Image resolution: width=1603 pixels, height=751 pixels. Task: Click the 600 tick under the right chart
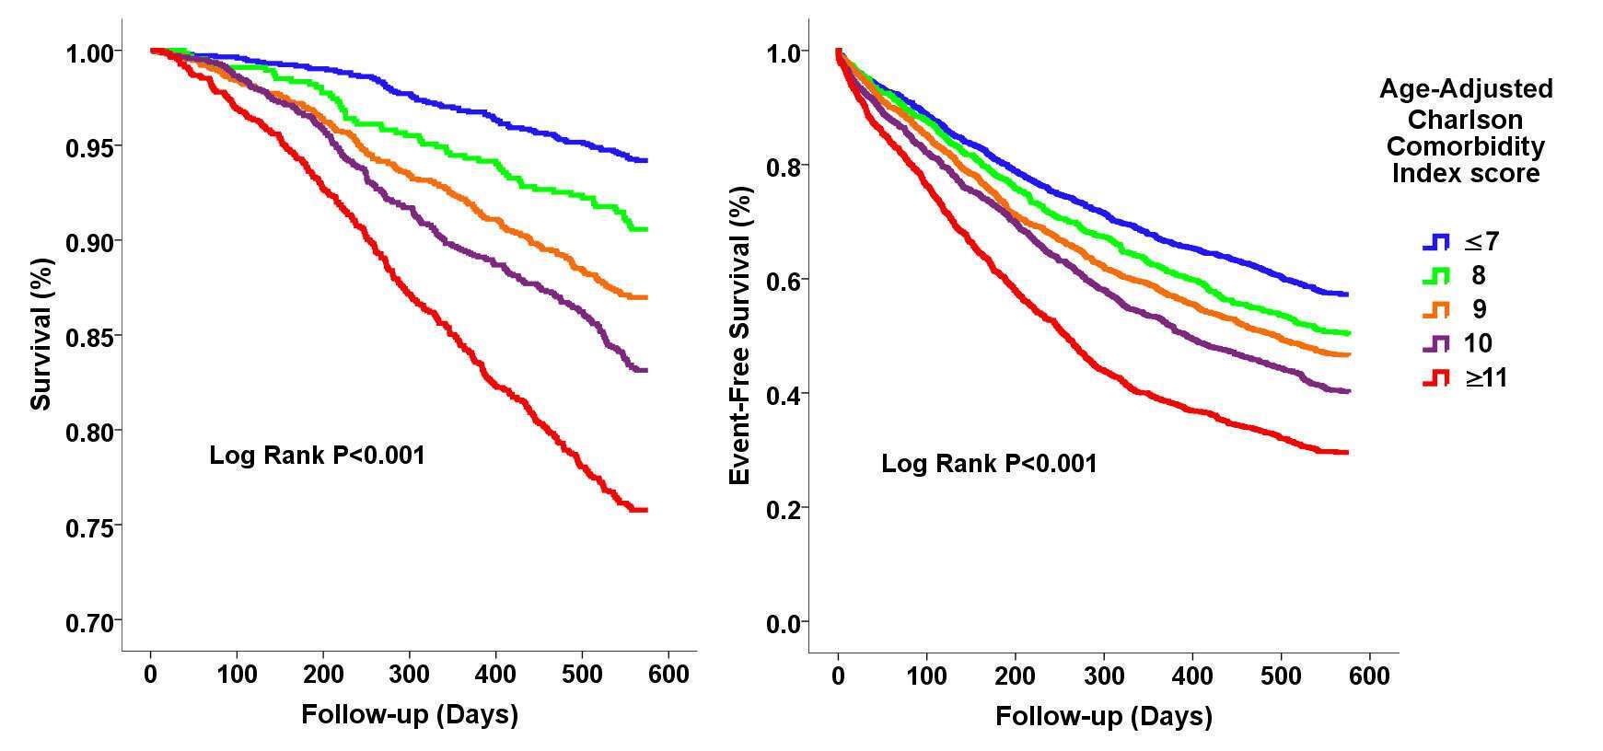tap(1368, 676)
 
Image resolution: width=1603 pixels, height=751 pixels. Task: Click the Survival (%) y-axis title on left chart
tap(41, 333)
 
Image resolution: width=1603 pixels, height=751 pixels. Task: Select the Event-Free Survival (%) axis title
tap(740, 335)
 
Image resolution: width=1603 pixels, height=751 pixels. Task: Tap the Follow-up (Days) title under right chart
tap(1103, 716)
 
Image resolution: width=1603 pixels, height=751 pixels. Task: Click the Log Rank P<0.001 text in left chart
tap(317, 456)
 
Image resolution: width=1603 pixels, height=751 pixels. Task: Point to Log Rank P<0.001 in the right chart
tap(989, 463)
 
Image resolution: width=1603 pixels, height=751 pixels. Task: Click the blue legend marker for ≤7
tap(1435, 242)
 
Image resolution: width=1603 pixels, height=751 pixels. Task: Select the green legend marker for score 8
tap(1435, 275)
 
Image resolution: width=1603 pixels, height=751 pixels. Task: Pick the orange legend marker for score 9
tap(1435, 309)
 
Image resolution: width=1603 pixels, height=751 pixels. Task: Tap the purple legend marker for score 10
tap(1435, 343)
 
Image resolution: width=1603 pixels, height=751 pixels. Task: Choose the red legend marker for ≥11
tap(1435, 377)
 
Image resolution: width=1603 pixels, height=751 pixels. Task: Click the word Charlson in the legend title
tap(1465, 120)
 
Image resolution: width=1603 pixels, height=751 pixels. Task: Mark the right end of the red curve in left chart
tap(646, 510)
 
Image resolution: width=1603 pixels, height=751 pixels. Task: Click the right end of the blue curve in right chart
tap(1347, 295)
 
